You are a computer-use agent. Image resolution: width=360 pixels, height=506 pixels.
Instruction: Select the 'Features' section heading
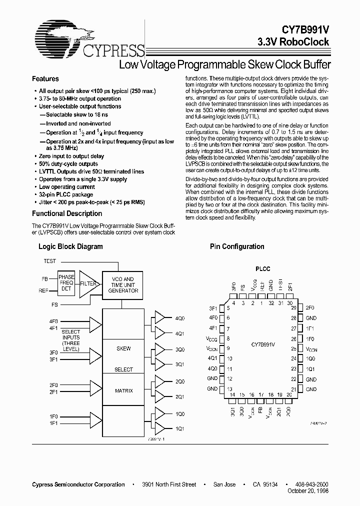[x=45, y=79]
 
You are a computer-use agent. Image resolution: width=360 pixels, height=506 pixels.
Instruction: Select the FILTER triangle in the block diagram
[x=87, y=283]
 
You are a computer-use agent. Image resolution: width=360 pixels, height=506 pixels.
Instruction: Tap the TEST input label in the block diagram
[x=50, y=261]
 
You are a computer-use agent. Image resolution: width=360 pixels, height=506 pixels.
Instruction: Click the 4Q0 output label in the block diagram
[x=179, y=318]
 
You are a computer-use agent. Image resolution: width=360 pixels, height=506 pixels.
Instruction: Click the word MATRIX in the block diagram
[x=124, y=390]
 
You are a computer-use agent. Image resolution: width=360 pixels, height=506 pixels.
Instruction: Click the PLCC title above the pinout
[x=262, y=269]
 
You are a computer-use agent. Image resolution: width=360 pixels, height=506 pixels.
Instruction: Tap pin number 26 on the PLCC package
[x=294, y=338]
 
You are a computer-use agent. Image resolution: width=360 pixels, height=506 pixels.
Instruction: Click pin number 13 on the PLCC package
[x=229, y=388]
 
